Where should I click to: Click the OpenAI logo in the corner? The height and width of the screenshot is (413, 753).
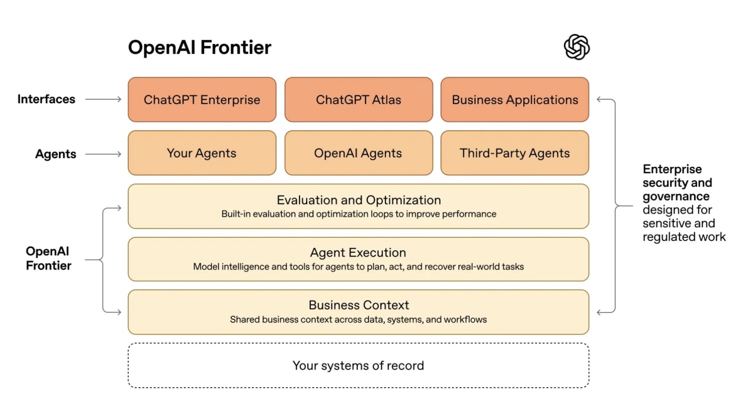(x=577, y=47)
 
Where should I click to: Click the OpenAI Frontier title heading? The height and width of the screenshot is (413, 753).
(x=200, y=48)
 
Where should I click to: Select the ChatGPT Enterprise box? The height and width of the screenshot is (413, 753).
(x=202, y=100)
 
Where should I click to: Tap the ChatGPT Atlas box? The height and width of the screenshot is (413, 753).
(x=358, y=100)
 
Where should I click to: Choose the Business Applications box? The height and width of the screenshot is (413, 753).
(x=515, y=100)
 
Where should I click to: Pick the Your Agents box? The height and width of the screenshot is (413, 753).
(x=202, y=153)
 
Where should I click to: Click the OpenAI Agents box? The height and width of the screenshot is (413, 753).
(x=358, y=153)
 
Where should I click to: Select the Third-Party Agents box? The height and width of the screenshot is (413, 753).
(x=515, y=153)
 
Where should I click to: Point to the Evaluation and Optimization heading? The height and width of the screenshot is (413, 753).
(x=358, y=200)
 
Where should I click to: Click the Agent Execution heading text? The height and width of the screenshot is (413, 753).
(x=358, y=253)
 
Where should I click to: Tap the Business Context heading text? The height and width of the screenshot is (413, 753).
(x=358, y=305)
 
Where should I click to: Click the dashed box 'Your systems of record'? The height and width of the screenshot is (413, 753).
(x=358, y=365)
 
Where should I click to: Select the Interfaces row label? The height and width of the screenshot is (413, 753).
(x=47, y=99)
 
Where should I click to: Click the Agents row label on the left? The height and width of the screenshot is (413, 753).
(x=56, y=154)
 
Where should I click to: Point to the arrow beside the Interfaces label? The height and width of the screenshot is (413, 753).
(x=103, y=99)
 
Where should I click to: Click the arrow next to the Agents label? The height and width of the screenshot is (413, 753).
(x=103, y=154)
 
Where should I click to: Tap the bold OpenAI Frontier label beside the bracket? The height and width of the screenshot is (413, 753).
(x=48, y=258)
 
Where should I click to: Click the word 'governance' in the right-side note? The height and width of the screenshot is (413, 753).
(x=676, y=196)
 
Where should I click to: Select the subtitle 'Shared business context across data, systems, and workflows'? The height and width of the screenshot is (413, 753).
(x=358, y=319)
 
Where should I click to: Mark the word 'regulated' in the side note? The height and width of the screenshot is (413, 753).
(x=668, y=237)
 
